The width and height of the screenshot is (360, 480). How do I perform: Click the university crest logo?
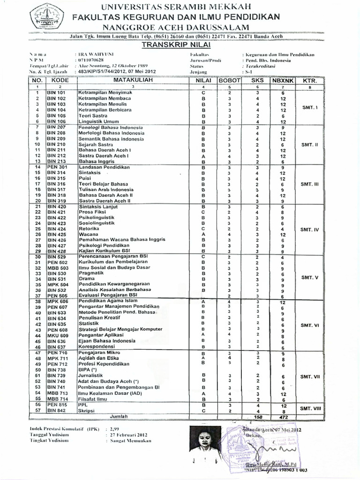tap(47, 17)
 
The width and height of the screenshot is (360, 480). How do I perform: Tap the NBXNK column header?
tap(283, 81)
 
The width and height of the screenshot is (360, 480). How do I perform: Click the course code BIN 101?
tap(56, 93)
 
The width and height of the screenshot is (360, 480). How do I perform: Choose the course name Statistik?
tap(89, 323)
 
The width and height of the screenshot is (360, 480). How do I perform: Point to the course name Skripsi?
tap(86, 410)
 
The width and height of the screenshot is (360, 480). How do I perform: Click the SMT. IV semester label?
tap(309, 230)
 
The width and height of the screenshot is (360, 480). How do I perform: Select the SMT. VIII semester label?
tap(310, 408)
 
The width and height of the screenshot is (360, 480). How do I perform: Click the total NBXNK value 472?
tap(283, 416)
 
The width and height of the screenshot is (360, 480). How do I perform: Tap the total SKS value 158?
tap(257, 416)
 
